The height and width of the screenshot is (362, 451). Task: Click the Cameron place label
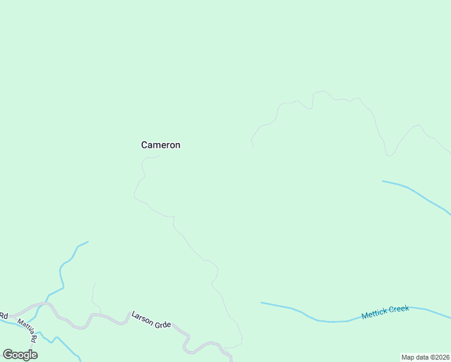point(160,145)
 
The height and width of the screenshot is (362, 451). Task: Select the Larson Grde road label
point(151,320)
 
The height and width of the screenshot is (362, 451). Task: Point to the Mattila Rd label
point(28,331)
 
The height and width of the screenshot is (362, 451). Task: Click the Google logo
point(20,354)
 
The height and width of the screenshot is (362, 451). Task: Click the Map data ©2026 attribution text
point(425,357)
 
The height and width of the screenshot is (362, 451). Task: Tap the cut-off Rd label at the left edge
point(4,316)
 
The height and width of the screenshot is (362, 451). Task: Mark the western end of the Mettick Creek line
point(262,303)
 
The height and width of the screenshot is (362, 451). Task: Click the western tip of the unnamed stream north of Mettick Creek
point(383,181)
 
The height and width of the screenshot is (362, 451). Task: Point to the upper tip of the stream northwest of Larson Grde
point(87,242)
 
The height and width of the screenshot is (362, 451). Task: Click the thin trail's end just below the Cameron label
point(159,156)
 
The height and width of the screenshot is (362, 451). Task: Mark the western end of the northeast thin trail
point(252,146)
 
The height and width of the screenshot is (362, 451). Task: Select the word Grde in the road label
point(163,323)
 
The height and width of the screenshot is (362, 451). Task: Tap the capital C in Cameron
point(145,145)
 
